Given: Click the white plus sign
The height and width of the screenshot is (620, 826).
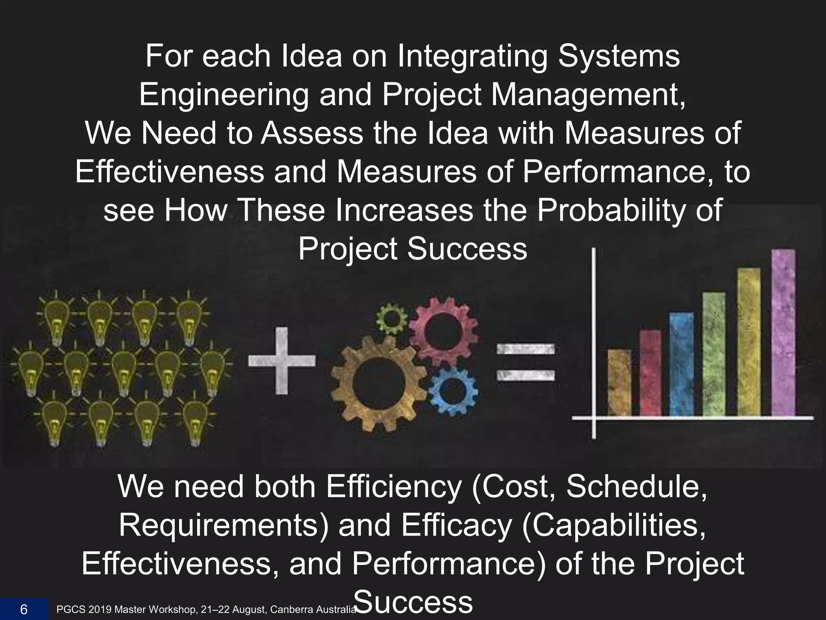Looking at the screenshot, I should click(282, 360).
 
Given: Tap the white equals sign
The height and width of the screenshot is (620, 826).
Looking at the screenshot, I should click(525, 362).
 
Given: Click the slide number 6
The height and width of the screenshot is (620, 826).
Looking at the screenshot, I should click(24, 609).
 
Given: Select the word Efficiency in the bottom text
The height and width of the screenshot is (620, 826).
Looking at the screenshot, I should click(393, 487).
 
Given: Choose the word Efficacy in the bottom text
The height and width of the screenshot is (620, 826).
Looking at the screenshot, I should click(456, 525).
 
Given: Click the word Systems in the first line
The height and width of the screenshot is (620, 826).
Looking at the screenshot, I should click(618, 56).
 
